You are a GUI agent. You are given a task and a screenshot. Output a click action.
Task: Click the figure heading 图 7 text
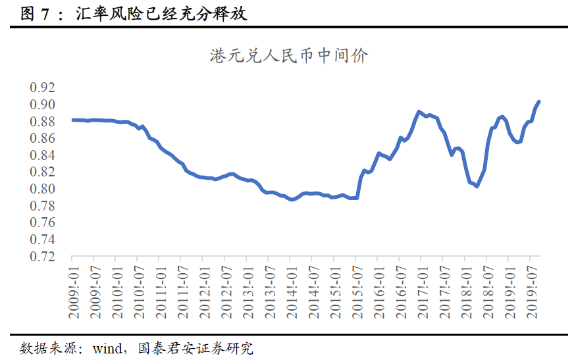point(36,13)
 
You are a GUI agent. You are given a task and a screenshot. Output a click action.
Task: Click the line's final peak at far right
point(538,102)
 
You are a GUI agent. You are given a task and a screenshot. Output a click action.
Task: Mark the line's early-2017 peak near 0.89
point(419,112)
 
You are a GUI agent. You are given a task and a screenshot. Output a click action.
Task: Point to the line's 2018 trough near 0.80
point(477,186)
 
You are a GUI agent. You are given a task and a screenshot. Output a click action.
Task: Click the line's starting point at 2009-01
point(72,120)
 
